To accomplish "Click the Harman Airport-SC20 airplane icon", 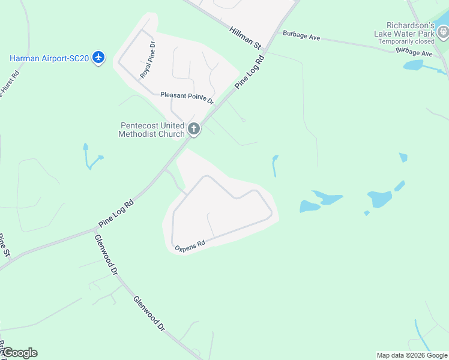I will click(99, 58).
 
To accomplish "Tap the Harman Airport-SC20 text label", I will click(49, 58).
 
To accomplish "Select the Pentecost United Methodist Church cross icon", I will click(193, 128).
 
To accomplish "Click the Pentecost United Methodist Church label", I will click(152, 130).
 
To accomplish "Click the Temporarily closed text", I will click(406, 42).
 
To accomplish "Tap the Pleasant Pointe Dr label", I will click(187, 98).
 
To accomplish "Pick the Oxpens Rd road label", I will click(190, 245).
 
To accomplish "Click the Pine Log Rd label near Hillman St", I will click(250, 73).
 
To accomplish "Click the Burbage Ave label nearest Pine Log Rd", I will click(301, 36).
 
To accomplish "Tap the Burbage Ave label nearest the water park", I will click(414, 53).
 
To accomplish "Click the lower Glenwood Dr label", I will click(149, 314).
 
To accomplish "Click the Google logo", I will click(19, 353).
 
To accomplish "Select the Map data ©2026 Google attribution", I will click(412, 355).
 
